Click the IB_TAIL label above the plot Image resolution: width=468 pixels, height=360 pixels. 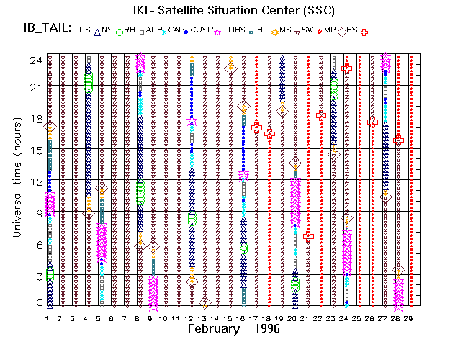(x=48, y=30)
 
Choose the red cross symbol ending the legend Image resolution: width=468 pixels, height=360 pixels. (x=364, y=32)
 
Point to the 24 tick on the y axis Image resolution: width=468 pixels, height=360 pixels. (x=35, y=60)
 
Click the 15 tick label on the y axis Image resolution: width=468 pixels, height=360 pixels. (x=35, y=150)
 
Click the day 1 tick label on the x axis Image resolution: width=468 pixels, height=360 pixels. (x=48, y=318)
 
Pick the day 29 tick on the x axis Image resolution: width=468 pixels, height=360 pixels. (x=410, y=318)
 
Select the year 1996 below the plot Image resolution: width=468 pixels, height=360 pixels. (x=267, y=329)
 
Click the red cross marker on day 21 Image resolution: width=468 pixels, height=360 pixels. (x=308, y=235)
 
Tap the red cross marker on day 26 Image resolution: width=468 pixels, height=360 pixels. (x=372, y=122)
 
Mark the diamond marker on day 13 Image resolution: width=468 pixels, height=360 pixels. (x=204, y=303)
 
